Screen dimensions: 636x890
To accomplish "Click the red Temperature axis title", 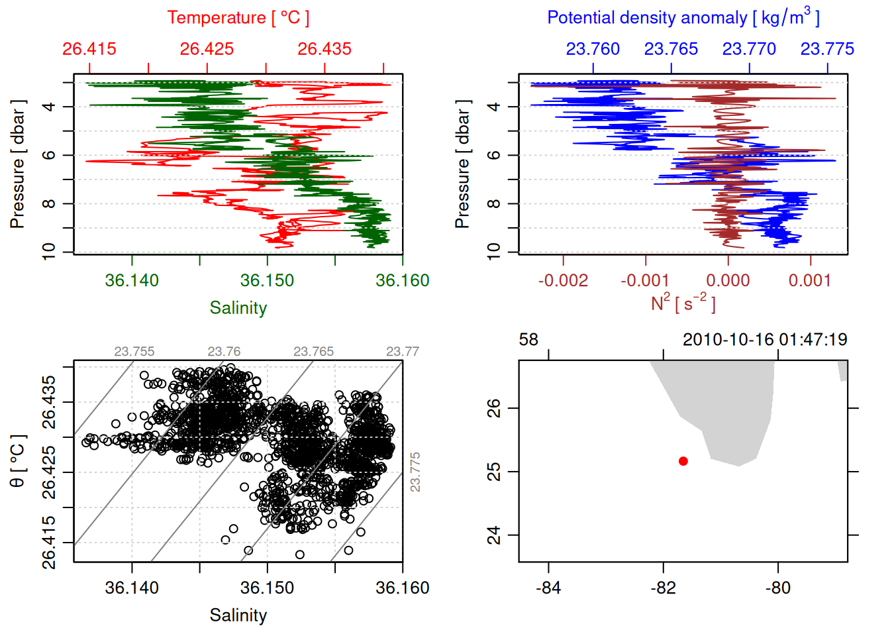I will click(238, 17).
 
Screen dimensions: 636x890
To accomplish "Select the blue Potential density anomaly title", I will click(683, 17).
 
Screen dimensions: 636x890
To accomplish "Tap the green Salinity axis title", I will click(238, 308).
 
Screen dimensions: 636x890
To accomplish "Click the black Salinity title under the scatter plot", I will click(238, 615).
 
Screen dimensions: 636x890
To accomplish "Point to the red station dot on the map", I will click(683, 461).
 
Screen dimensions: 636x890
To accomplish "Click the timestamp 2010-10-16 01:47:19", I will click(765, 340).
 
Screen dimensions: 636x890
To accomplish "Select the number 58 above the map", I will click(528, 340).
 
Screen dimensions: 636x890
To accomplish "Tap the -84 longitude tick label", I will click(549, 588).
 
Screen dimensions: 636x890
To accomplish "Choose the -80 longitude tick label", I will click(777, 588).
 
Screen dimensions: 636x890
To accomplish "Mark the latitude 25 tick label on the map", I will click(494, 472).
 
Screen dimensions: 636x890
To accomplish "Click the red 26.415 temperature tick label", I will click(89, 49).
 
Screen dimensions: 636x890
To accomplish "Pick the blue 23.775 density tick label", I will click(827, 49).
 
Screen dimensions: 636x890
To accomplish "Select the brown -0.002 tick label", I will click(563, 280).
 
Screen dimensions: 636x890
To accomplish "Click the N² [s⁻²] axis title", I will click(683, 303).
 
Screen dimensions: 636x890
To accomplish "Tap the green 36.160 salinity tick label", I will click(402, 280).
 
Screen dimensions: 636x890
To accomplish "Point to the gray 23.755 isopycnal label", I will click(134, 351).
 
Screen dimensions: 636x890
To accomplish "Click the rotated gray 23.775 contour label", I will click(415, 472).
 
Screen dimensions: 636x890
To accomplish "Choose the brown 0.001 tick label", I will click(810, 280).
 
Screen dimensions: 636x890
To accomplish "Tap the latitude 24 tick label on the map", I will click(494, 535).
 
